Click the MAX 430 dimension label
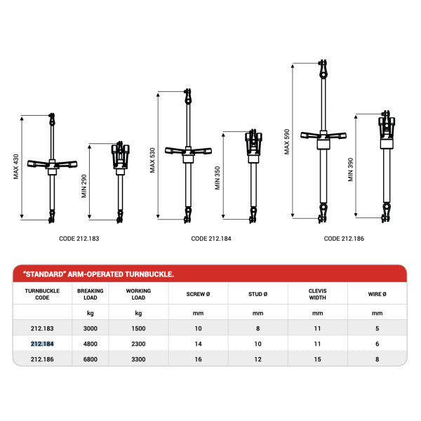coord(16,166)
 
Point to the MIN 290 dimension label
coord(84,184)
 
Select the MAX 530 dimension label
coord(153,160)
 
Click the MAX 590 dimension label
coord(286,141)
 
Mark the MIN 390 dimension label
coord(350,170)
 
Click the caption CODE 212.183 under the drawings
coord(79,239)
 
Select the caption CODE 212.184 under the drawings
coord(211,239)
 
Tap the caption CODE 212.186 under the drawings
coord(344,239)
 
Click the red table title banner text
coord(99,274)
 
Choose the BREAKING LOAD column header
coord(90,293)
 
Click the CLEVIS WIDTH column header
coord(317,293)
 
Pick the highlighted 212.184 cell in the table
coord(42,344)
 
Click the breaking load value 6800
coord(90,359)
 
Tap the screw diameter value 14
coord(198,344)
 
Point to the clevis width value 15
coord(317,359)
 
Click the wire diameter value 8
coord(377,359)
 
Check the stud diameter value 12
coord(258,359)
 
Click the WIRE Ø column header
coord(377,293)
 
